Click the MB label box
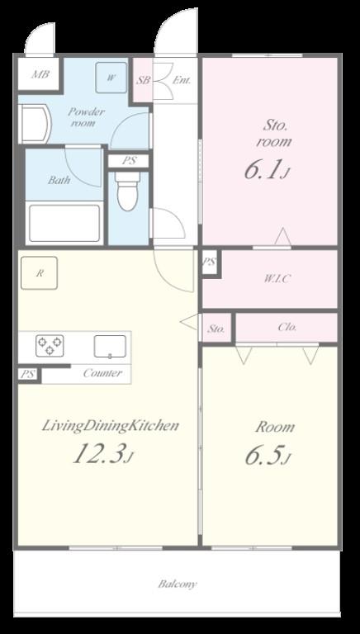point(40,75)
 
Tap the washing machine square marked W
point(111,78)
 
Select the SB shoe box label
point(143,80)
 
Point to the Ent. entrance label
point(182,80)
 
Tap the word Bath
point(59,180)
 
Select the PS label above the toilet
point(128,161)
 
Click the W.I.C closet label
point(277,278)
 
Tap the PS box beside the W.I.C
point(209,263)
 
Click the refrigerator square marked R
point(40,273)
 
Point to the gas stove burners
point(50,345)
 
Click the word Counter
point(102,373)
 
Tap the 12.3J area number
point(101,454)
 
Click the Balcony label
point(178,584)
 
